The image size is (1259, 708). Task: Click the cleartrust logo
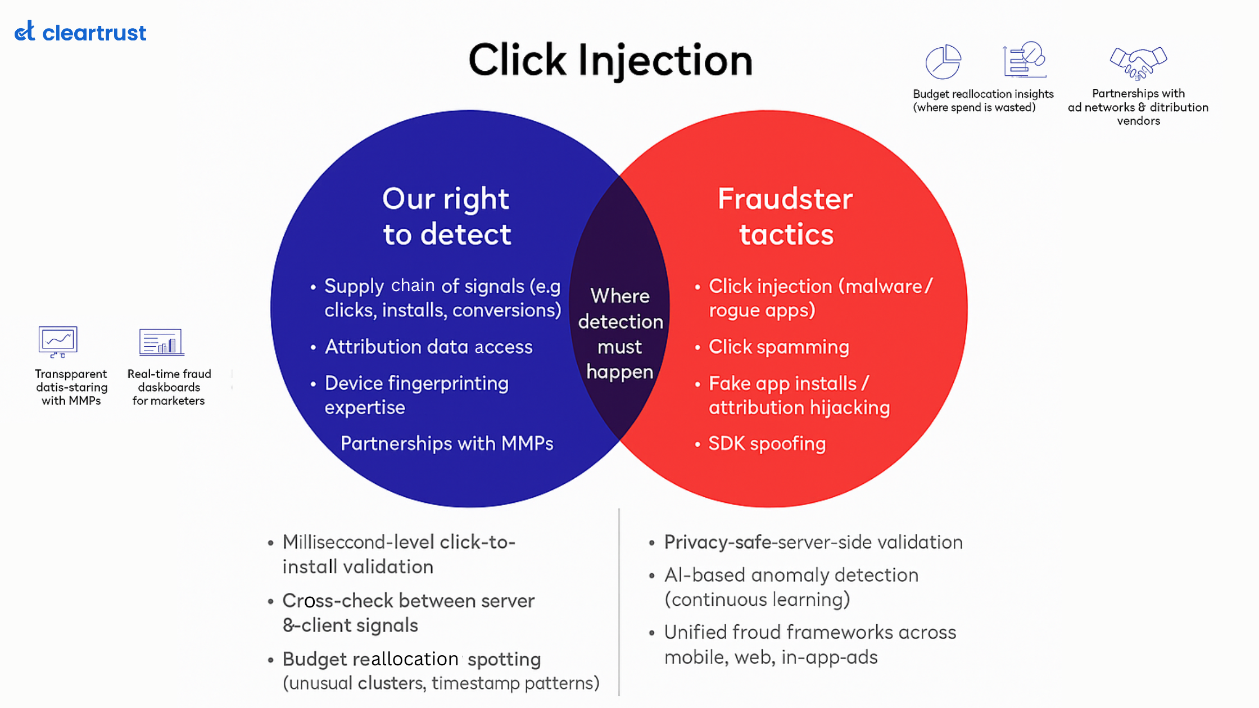[x=80, y=32]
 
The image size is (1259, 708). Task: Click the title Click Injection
[x=610, y=61]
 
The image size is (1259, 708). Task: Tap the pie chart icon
[x=943, y=62]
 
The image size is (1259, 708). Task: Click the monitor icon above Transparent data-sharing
[x=58, y=341]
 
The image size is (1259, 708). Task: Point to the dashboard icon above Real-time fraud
[x=162, y=342]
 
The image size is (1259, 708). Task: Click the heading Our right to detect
[x=447, y=216]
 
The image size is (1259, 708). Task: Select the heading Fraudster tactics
[x=785, y=216]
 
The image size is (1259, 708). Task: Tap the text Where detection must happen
[x=620, y=334]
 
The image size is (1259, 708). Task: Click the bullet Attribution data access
[x=428, y=347]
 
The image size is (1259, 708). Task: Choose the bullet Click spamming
[x=778, y=347]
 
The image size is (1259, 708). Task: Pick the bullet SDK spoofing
[x=767, y=444]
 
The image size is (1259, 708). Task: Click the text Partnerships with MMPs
[x=447, y=444]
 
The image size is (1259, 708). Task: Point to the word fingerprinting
[x=456, y=384]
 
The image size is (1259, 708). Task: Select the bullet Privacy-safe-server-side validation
[x=813, y=542]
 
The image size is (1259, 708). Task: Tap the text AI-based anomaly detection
[x=791, y=575]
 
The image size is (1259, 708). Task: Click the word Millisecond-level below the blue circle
[x=358, y=542]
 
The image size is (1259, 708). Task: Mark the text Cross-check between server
[x=408, y=601]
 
